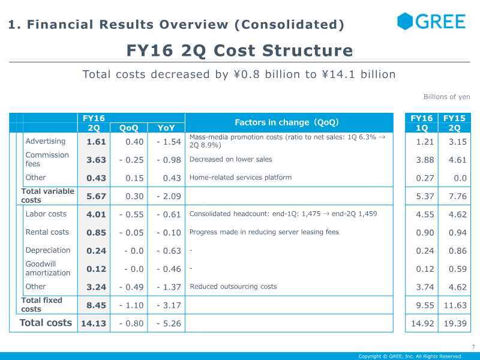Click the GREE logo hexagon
pos(405,21)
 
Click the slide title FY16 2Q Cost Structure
pos(239,50)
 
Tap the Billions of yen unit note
pos(446,97)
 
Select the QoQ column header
pos(128,128)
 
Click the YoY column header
pos(166,128)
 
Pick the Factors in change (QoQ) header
pos(287,122)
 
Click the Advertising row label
pos(46,141)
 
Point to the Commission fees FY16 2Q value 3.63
pos(96,160)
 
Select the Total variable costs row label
pos(48,196)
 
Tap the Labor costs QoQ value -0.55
pos(131,214)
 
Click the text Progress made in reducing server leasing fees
pos(264,232)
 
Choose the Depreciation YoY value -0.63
pos(169,251)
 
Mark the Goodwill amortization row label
pos(48,268)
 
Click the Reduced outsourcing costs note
pos(233,287)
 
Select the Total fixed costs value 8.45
pos(96,305)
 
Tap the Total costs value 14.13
pos(94,323)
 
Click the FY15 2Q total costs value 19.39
pos(455,323)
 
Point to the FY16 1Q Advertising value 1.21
pos(425,142)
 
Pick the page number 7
pos(473,347)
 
